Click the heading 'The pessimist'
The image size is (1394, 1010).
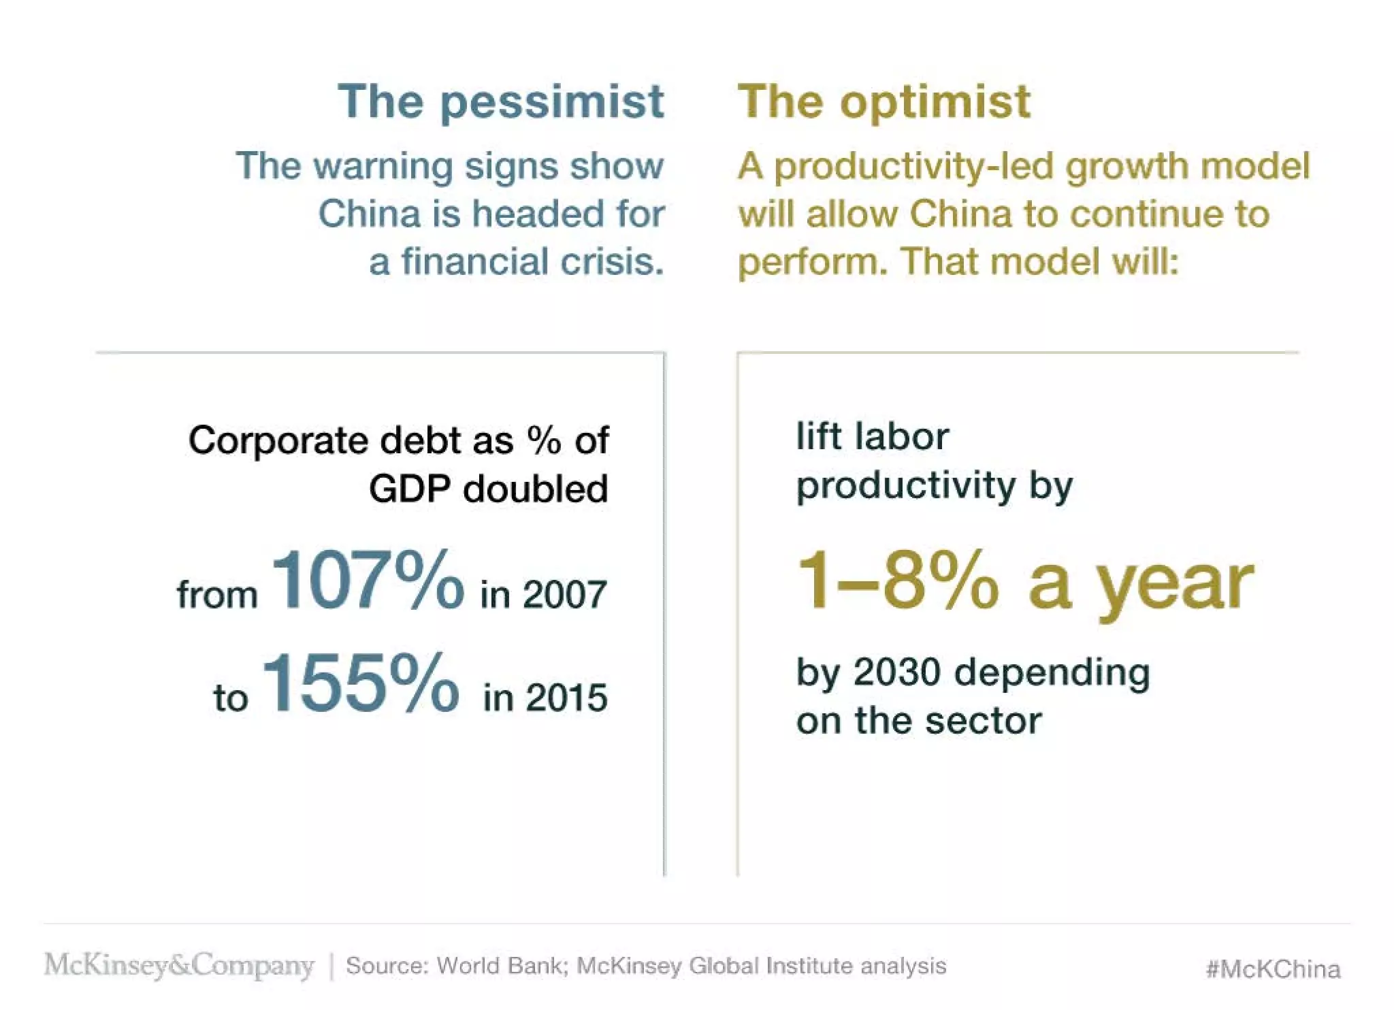point(500,102)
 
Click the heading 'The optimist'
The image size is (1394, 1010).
point(884,102)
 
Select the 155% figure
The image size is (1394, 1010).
point(360,683)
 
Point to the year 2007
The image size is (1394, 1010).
point(564,595)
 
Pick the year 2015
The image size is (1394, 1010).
point(566,698)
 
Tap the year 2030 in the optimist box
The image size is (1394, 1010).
point(898,672)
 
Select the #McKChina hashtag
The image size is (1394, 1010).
point(1273,968)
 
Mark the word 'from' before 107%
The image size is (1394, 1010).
point(217,595)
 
